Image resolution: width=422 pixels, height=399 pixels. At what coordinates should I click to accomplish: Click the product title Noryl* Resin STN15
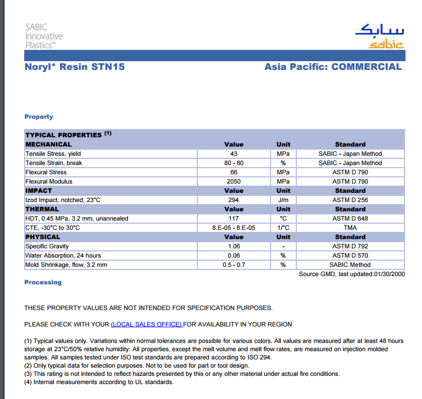click(x=75, y=67)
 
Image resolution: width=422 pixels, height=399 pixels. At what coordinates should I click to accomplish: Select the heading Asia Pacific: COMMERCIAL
click(x=333, y=67)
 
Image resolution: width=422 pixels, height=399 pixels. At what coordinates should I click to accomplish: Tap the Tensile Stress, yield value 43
click(x=233, y=154)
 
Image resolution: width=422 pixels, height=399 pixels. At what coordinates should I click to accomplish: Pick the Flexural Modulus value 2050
click(x=233, y=182)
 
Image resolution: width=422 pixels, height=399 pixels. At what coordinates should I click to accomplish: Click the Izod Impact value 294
click(x=233, y=200)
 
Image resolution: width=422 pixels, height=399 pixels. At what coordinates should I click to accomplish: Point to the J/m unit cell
click(x=283, y=200)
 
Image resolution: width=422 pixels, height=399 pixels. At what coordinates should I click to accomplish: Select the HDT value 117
click(x=233, y=219)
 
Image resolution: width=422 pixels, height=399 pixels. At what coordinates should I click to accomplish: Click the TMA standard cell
click(x=350, y=228)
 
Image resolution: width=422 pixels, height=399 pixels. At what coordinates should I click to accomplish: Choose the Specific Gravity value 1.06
click(x=233, y=246)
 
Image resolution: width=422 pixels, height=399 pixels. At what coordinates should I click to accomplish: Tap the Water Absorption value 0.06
click(x=233, y=256)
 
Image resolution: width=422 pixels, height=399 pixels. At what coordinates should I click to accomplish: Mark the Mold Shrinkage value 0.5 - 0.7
click(x=233, y=265)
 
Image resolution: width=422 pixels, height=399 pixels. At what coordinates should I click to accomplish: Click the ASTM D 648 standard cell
click(x=350, y=219)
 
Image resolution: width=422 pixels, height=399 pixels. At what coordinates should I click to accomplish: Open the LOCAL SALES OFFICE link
click(x=146, y=324)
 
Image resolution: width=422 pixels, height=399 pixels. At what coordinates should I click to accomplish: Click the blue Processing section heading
click(x=43, y=282)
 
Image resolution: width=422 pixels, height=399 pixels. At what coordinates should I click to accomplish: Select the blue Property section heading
click(x=39, y=117)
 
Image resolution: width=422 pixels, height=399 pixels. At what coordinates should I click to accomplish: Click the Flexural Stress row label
click(x=46, y=172)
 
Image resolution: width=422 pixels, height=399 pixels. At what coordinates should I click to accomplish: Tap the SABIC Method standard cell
click(x=350, y=265)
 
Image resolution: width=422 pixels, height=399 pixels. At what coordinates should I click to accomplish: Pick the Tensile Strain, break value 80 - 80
click(x=233, y=163)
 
